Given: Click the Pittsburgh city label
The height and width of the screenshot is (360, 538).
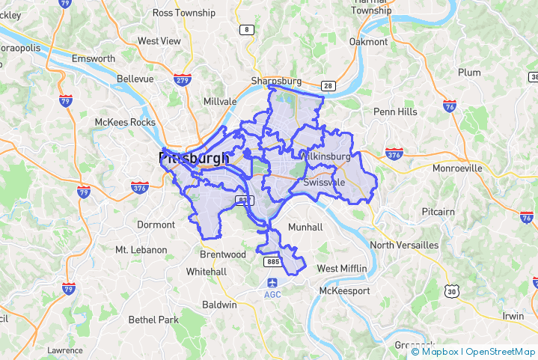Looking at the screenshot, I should pos(194,158).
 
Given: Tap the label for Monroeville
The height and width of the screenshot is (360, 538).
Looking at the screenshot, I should pos(457,168).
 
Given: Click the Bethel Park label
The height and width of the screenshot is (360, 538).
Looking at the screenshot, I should pos(153,320).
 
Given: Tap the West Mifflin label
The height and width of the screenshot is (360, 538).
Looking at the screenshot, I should pos(342,268).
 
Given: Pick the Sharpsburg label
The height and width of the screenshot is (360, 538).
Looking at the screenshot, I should pos(275,81).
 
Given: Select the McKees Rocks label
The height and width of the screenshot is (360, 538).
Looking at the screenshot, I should pos(125,122).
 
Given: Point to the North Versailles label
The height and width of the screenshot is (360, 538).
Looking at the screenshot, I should pos(404,245).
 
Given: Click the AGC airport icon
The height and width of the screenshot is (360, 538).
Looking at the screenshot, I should pos(272,283).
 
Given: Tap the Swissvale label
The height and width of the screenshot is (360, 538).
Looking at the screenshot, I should pos(324,182).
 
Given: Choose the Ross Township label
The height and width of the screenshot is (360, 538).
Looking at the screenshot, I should pos(183,13).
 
